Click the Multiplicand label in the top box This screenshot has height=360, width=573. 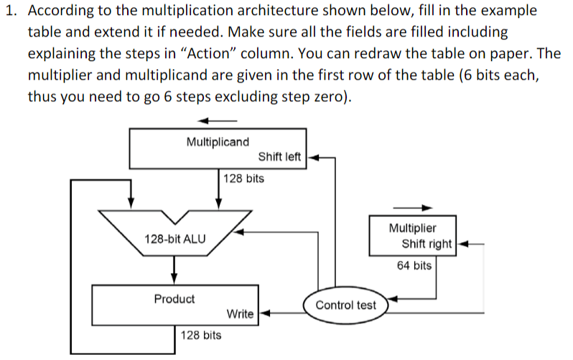tap(218, 142)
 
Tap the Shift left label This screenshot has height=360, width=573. tap(279, 157)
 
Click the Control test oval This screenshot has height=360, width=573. tap(345, 305)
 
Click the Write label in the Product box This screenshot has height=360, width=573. tap(240, 314)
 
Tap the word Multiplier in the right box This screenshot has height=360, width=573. tap(412, 228)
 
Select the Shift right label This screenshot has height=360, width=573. tap(427, 244)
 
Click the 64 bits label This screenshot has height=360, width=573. tap(414, 266)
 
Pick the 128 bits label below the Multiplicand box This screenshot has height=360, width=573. tap(243, 178)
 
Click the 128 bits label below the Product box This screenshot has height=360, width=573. tap(201, 335)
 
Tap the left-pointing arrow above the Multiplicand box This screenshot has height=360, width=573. tap(217, 119)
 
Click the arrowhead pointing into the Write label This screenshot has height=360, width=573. tap(262, 313)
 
